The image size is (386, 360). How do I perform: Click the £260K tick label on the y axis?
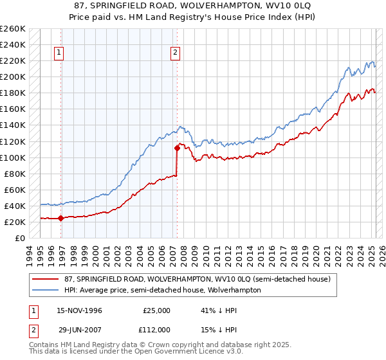pos(13,29)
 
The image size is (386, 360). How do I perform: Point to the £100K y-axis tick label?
pos(13,157)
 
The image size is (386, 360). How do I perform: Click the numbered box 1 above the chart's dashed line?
pos(59,53)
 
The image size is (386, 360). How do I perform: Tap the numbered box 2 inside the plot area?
pos(176,53)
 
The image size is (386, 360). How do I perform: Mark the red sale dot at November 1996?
pos(61,218)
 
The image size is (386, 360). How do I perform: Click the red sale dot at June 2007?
pos(177,148)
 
